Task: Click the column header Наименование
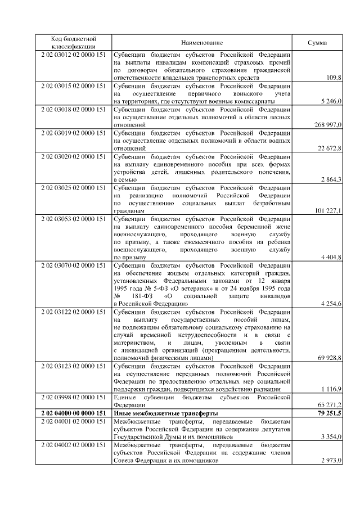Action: point(202,43)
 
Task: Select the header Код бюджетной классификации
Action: point(74,43)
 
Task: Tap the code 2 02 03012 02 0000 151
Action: point(74,56)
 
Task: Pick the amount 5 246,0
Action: point(330,101)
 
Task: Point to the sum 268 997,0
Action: point(327,124)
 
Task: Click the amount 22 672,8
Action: point(328,148)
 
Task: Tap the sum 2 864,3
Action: point(330,179)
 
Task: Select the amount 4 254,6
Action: point(330,304)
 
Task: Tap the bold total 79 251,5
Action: point(327,413)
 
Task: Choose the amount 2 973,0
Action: point(330,460)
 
